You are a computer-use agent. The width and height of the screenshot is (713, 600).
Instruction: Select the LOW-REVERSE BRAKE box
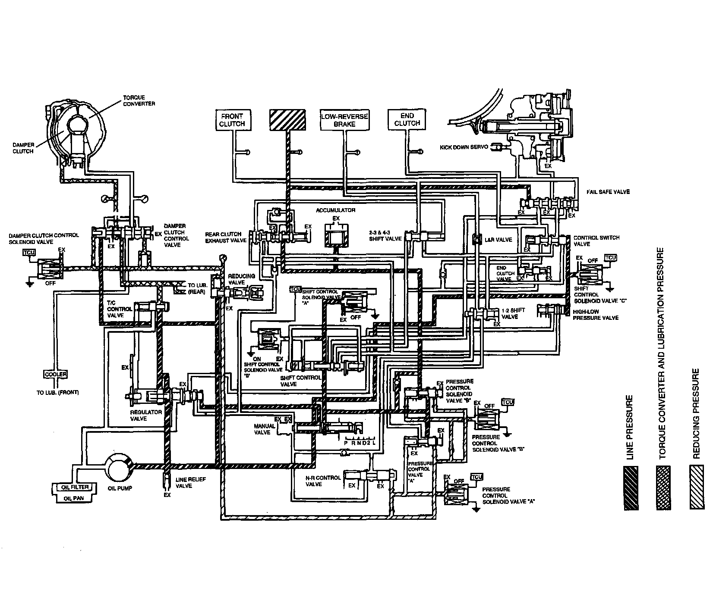click(x=344, y=120)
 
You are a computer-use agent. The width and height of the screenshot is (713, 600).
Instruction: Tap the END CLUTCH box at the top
click(x=407, y=119)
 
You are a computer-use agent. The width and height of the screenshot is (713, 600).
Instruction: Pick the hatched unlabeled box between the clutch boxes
click(x=287, y=120)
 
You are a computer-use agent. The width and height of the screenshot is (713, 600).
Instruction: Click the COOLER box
click(x=56, y=374)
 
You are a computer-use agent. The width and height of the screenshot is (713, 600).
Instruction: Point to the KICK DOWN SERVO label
click(x=464, y=147)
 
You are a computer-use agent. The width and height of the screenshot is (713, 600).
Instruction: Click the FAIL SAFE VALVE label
click(x=608, y=192)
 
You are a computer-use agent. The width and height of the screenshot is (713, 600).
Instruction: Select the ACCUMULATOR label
click(x=335, y=210)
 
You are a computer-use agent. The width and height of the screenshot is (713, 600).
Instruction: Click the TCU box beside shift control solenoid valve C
click(x=610, y=258)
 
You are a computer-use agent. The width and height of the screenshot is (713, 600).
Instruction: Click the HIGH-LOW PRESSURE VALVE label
click(x=595, y=315)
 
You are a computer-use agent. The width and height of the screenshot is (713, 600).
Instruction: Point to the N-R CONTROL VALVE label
click(x=322, y=481)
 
